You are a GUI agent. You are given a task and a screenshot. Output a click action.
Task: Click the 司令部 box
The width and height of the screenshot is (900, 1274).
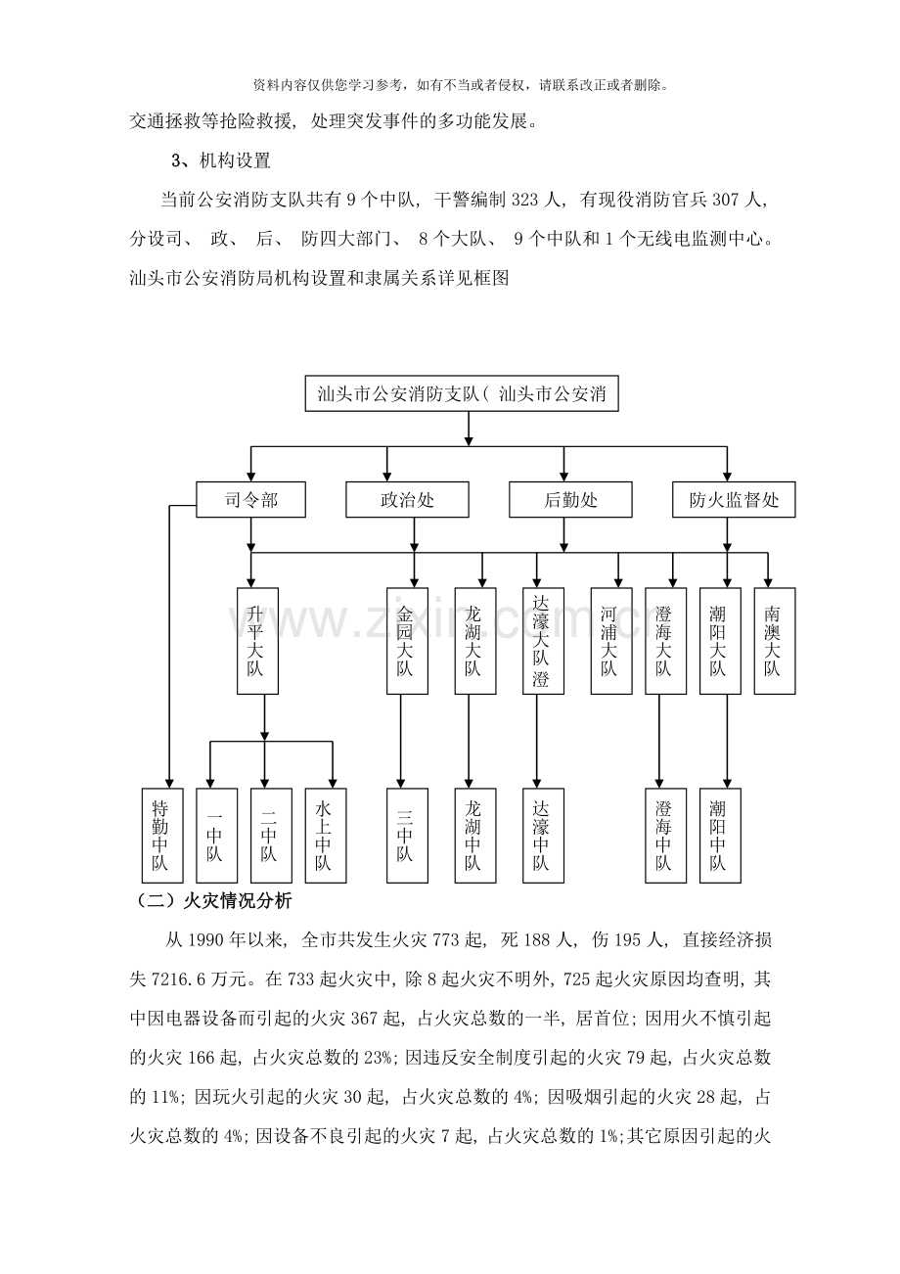tap(250, 499)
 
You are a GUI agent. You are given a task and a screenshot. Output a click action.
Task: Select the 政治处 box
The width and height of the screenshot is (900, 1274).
tap(407, 499)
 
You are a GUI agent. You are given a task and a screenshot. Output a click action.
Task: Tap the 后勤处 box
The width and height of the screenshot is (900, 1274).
tap(570, 499)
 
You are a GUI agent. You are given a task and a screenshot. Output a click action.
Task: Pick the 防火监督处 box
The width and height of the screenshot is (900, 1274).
tap(734, 499)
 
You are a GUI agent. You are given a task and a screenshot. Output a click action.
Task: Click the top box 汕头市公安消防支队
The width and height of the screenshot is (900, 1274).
tap(462, 393)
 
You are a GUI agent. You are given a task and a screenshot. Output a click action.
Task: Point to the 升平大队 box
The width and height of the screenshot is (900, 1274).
tap(257, 641)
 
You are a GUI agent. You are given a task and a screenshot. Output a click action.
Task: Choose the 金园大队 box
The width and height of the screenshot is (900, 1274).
tap(407, 641)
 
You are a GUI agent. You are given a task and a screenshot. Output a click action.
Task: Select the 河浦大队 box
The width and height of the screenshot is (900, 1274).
tap(611, 641)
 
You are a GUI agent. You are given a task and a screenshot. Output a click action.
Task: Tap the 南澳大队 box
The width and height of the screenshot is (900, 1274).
tap(775, 641)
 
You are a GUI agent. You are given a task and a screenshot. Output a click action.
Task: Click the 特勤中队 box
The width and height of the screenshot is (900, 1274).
tap(162, 835)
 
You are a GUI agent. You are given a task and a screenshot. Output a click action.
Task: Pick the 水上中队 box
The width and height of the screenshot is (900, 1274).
tap(326, 835)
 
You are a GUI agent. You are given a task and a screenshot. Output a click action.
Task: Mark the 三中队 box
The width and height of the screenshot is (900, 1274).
tap(407, 835)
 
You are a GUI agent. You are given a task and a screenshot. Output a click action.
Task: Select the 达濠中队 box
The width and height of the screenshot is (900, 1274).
tap(543, 835)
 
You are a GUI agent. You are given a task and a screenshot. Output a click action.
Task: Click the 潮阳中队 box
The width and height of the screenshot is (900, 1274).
tap(720, 835)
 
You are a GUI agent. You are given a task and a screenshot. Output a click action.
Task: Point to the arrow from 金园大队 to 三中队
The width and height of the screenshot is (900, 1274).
tap(400, 741)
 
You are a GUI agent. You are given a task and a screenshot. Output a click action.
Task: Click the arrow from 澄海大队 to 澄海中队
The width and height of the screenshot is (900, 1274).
tap(659, 741)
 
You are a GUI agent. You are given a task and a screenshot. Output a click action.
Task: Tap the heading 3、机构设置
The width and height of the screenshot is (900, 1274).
tap(220, 160)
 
